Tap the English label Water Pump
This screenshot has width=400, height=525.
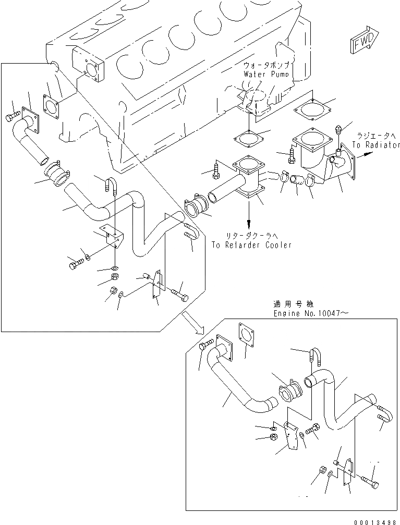(x=266, y=74)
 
